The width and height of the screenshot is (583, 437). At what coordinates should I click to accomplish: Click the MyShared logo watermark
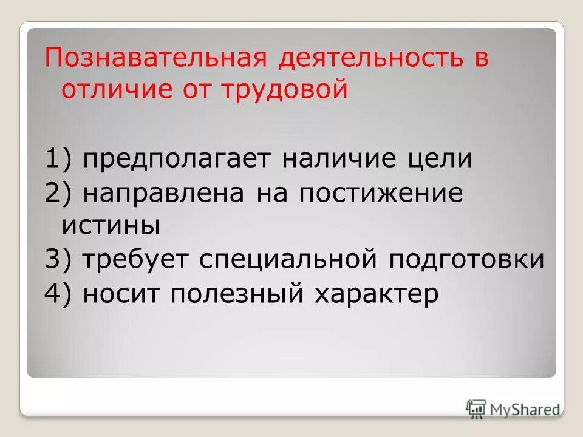point(513,409)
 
